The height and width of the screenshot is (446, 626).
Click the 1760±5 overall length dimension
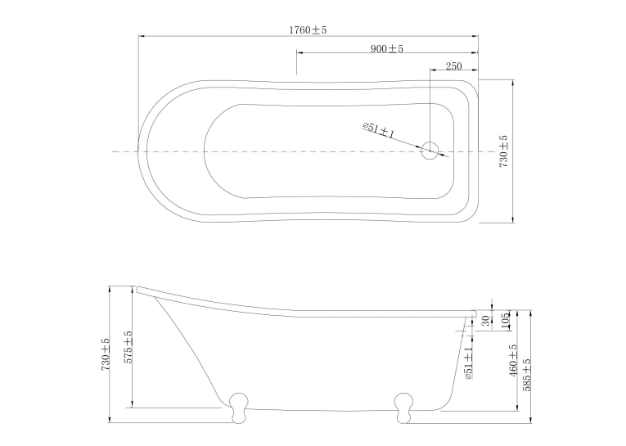click(x=308, y=30)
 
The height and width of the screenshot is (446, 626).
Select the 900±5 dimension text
click(x=387, y=49)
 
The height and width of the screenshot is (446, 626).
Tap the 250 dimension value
click(x=453, y=66)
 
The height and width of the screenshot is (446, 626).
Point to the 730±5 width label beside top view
click(x=504, y=151)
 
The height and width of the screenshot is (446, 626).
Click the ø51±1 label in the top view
click(x=379, y=130)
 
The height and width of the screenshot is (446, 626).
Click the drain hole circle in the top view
click(x=430, y=151)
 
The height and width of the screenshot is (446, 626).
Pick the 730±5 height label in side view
click(x=106, y=354)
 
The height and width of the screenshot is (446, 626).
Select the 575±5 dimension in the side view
click(x=128, y=347)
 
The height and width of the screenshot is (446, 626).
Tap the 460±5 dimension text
click(x=513, y=360)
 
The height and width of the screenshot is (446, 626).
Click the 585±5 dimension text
click(x=527, y=375)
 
